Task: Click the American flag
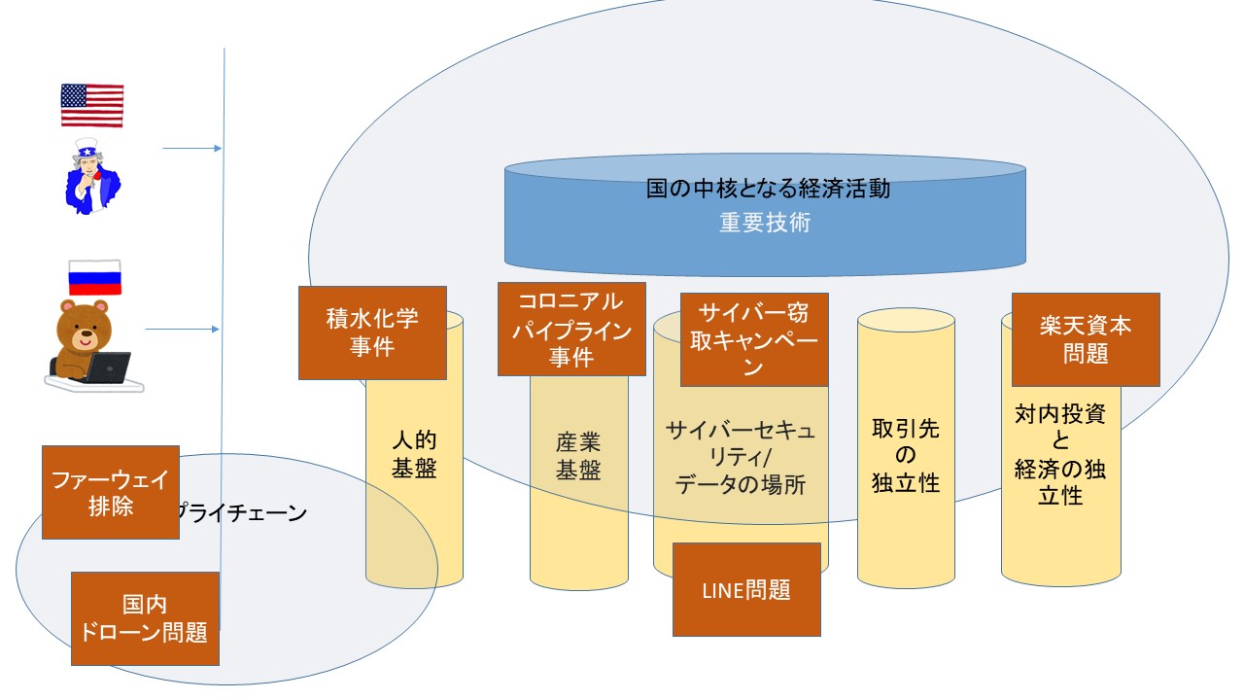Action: tap(92, 105)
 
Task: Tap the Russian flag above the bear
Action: tap(94, 277)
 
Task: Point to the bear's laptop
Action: tap(106, 367)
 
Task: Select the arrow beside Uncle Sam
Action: tap(192, 149)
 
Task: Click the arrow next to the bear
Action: tap(183, 330)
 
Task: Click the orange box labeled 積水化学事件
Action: tap(372, 332)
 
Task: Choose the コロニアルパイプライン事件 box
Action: tap(571, 329)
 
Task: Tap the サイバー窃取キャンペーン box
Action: tap(754, 339)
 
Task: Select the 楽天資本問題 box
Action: tap(1086, 339)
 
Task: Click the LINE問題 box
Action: tap(746, 589)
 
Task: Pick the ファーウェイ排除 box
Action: tap(111, 492)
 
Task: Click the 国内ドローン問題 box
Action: tap(146, 618)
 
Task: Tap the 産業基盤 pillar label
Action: tap(578, 457)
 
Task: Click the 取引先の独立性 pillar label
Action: tap(906, 455)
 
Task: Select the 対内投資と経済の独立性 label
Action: tap(1060, 454)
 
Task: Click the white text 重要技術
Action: tap(765, 223)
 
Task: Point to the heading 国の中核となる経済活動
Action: tap(768, 189)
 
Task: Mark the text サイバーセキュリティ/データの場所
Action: tap(741, 457)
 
